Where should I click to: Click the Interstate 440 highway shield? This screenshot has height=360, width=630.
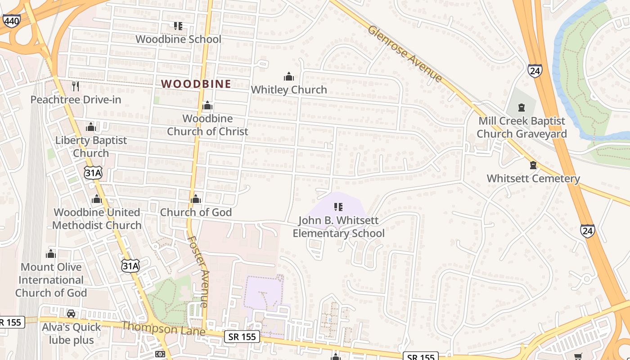(11, 21)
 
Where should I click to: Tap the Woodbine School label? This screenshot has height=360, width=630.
(178, 39)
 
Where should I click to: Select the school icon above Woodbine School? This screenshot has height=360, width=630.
(178, 26)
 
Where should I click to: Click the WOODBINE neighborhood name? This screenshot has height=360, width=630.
(196, 84)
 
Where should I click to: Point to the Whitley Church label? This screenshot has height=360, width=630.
(289, 90)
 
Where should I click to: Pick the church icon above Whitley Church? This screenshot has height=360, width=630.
(289, 76)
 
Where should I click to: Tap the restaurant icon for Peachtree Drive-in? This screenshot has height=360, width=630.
(76, 86)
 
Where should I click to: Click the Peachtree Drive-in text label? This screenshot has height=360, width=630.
(76, 99)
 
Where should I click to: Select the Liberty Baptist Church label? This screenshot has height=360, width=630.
(91, 147)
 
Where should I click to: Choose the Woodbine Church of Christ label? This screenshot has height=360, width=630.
(207, 125)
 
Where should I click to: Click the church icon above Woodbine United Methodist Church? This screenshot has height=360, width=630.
(97, 199)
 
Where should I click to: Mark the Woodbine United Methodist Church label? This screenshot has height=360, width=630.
(97, 219)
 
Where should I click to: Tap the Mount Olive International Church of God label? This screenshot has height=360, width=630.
(51, 280)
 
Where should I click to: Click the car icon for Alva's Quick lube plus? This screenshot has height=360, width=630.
(71, 314)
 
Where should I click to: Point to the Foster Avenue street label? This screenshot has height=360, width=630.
(198, 271)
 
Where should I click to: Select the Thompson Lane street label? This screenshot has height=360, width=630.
(163, 328)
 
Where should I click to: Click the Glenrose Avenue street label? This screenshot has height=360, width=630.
(405, 54)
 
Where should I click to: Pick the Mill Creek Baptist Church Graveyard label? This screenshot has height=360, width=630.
(522, 127)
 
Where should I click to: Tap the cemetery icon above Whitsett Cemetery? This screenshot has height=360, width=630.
(533, 165)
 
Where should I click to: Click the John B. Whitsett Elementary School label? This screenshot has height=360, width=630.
(338, 227)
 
